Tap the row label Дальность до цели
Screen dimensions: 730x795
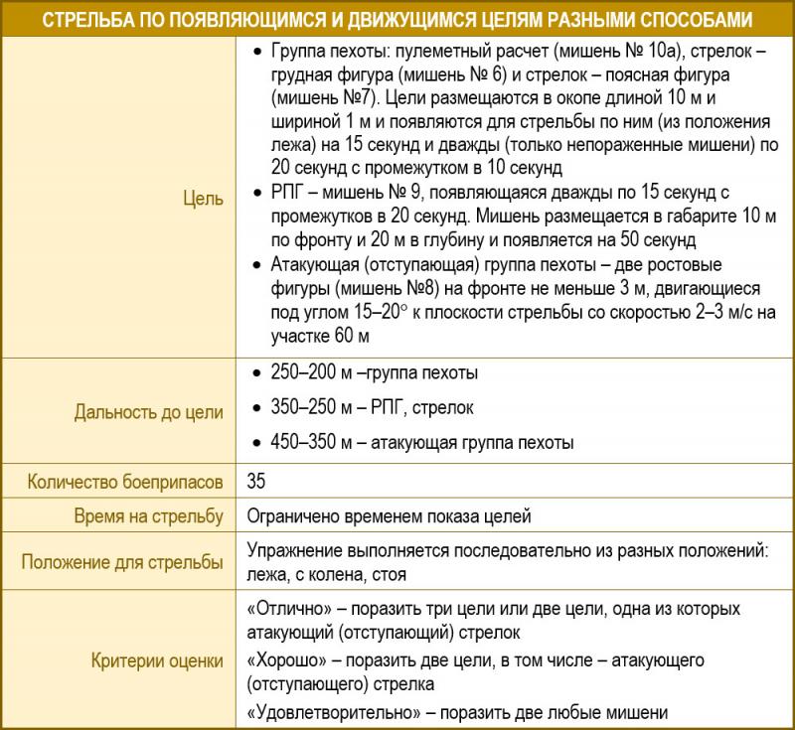[x=149, y=411]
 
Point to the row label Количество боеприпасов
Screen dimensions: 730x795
[x=125, y=482]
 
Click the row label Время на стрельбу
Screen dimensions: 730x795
[x=149, y=516]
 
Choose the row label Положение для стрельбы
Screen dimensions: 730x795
[x=122, y=562]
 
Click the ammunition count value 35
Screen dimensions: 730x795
[x=255, y=482]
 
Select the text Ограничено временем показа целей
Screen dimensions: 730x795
[x=389, y=516]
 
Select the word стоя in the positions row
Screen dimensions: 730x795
[x=390, y=574]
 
